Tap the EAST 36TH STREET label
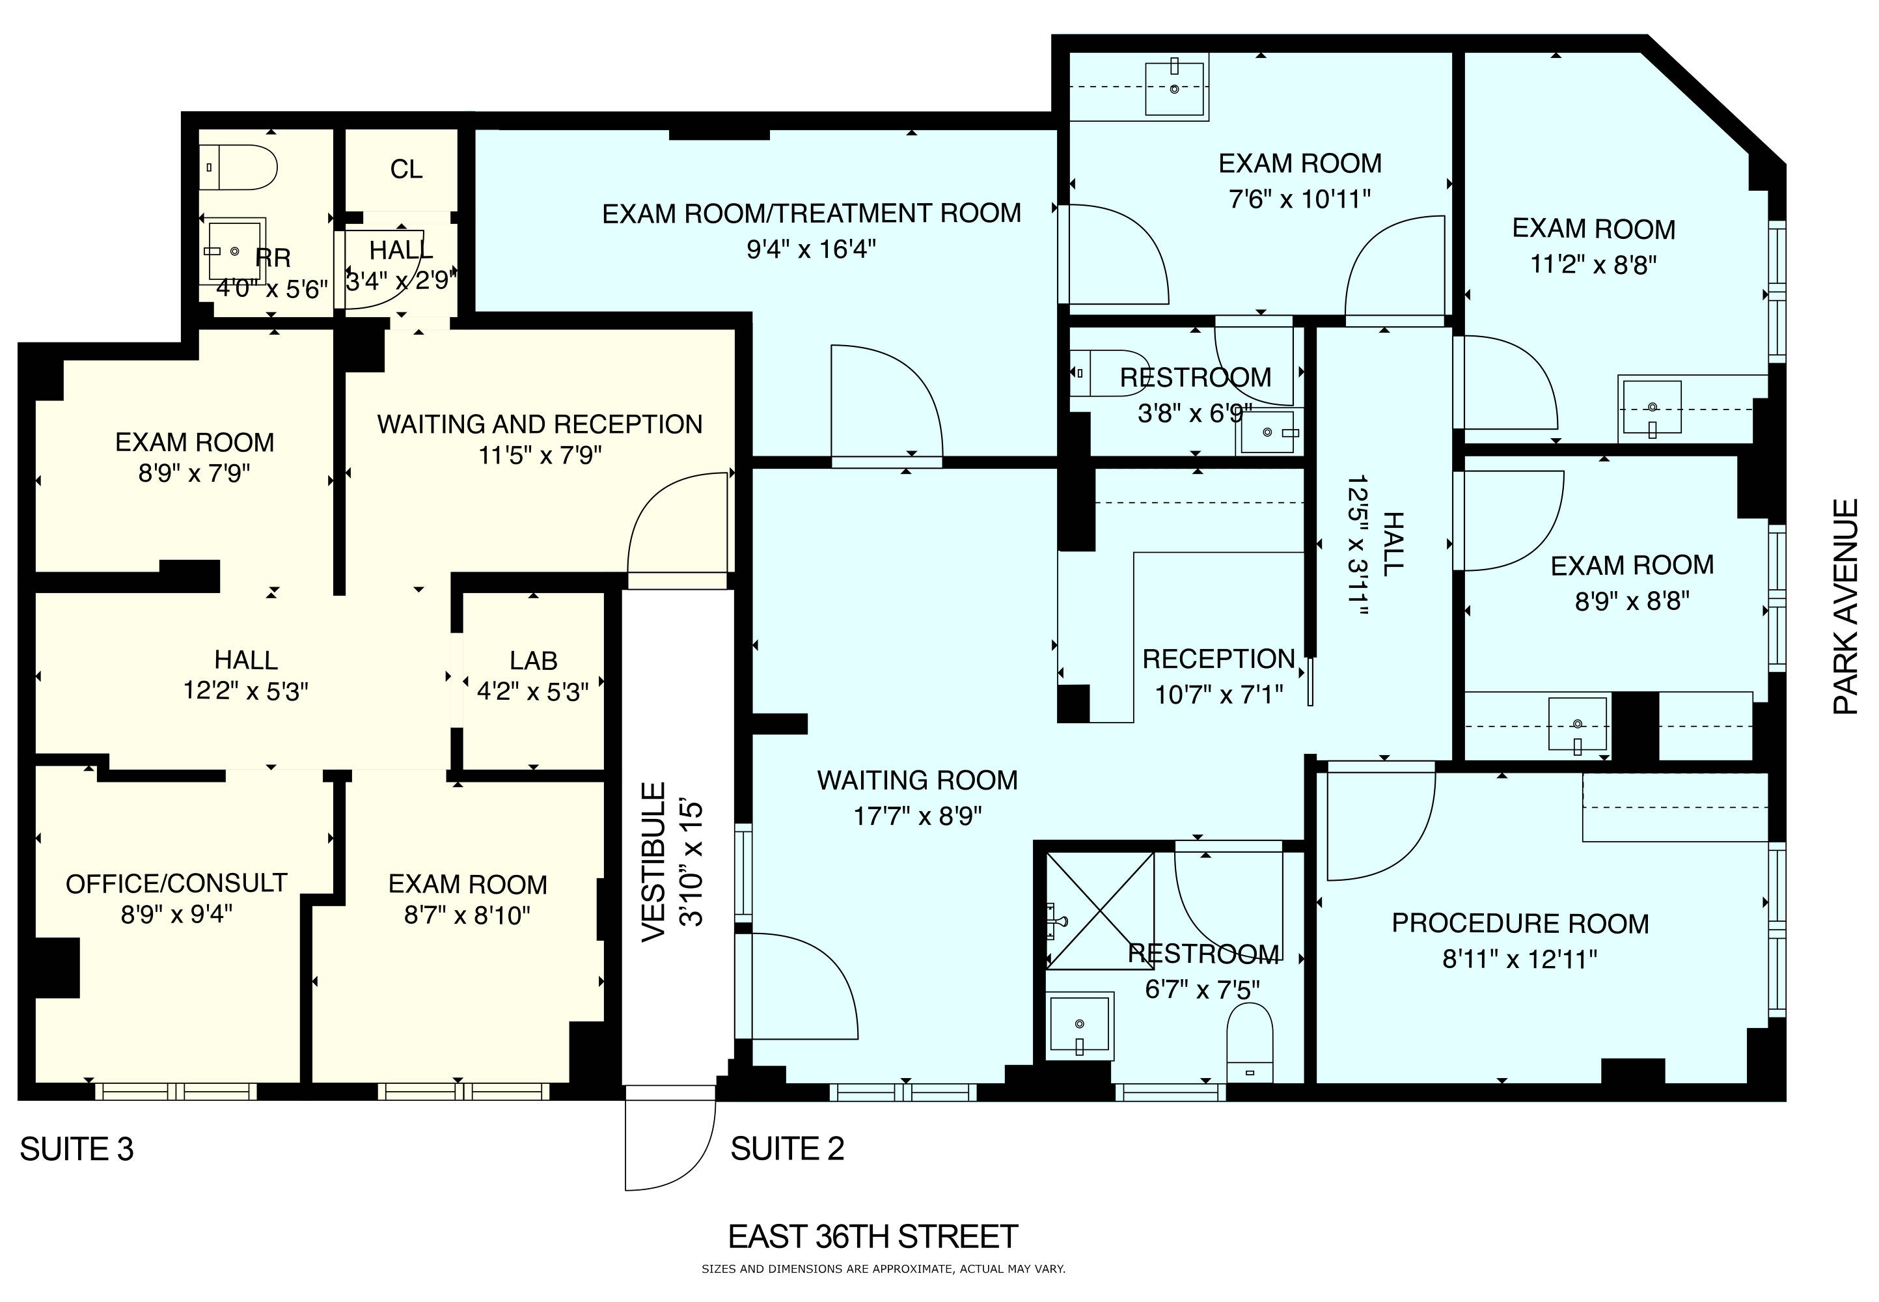pos(873,1237)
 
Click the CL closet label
pos(406,170)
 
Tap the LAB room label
pos(533,661)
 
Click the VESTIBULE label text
pos(654,863)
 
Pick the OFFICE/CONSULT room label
pos(176,883)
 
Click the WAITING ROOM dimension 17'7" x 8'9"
pos(918,816)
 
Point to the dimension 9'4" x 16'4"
pos(812,249)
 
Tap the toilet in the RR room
pos(238,168)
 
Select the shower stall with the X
pos(1099,910)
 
